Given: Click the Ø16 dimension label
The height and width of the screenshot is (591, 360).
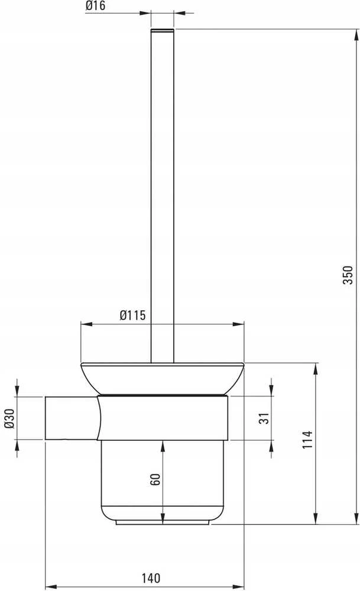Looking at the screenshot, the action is click(95, 6).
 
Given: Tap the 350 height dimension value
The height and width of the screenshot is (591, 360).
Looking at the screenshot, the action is click(348, 274).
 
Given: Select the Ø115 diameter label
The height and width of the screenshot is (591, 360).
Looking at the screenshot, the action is click(132, 315).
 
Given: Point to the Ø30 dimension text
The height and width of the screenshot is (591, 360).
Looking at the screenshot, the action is click(9, 418).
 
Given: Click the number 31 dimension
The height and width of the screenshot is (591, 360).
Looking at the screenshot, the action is click(264, 418).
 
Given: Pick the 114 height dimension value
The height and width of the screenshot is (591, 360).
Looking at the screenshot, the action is click(307, 440).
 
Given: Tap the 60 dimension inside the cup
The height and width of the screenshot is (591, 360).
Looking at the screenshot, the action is click(155, 479).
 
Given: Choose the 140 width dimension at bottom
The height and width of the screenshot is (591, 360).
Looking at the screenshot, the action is click(151, 578).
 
